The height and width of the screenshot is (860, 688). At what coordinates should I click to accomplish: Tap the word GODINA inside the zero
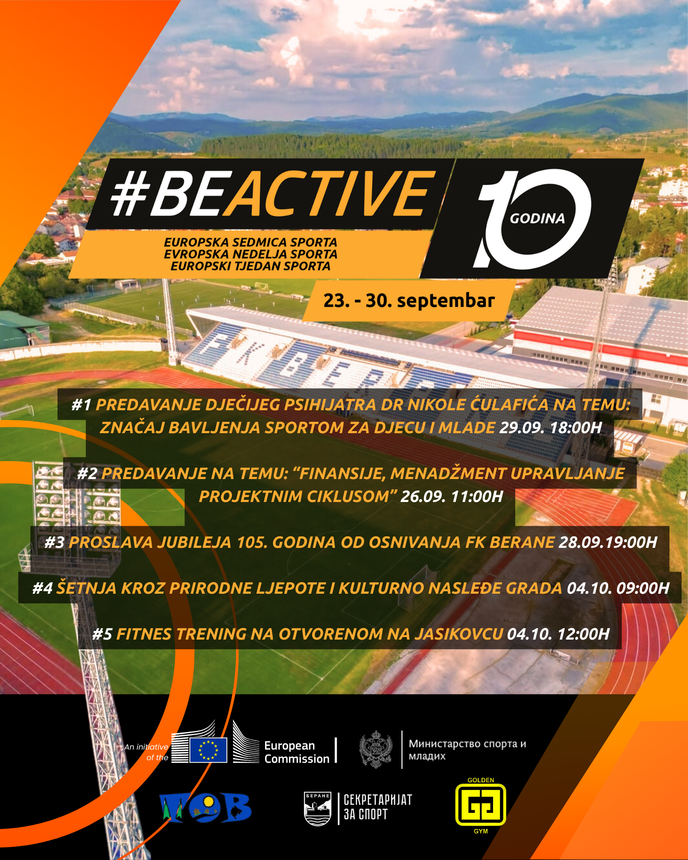pyautogui.click(x=537, y=219)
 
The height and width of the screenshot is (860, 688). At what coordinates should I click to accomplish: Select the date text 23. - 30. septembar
pyautogui.click(x=409, y=301)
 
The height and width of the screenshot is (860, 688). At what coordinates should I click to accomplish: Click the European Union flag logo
pyautogui.click(x=208, y=750)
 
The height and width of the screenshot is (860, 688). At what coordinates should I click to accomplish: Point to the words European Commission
pyautogui.click(x=297, y=752)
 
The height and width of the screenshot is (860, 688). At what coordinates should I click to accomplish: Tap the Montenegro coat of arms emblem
pyautogui.click(x=375, y=749)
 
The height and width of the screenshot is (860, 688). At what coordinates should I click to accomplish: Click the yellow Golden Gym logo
pyautogui.click(x=481, y=804)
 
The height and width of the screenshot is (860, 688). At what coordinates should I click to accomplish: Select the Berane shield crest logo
pyautogui.click(x=318, y=809)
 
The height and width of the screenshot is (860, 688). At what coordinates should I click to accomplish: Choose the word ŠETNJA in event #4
pyautogui.click(x=87, y=588)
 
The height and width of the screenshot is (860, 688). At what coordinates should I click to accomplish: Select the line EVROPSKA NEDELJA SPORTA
pyautogui.click(x=251, y=254)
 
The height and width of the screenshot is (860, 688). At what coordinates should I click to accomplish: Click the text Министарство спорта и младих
pyautogui.click(x=467, y=750)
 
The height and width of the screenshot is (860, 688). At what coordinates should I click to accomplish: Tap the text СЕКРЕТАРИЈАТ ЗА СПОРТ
pyautogui.click(x=378, y=807)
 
